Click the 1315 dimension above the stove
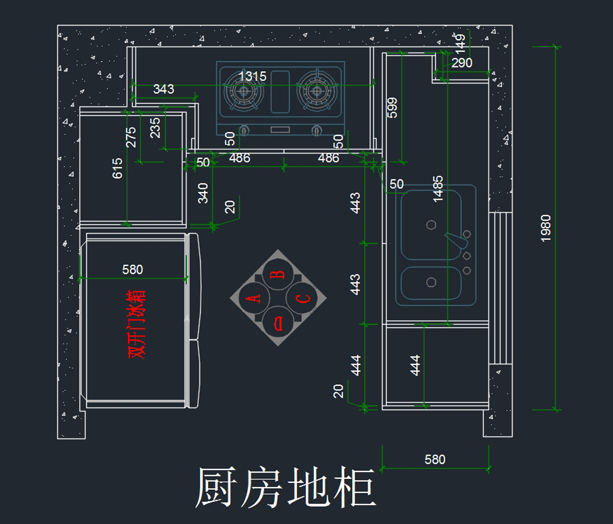[x=252, y=77]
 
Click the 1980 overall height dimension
[x=546, y=228]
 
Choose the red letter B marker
[x=278, y=274]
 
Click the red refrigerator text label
[x=137, y=325]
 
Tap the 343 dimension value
[x=163, y=89]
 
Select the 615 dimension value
[x=117, y=169]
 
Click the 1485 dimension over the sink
[x=438, y=189]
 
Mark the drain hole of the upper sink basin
[x=431, y=225]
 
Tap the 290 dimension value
[x=462, y=63]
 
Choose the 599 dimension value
[x=393, y=108]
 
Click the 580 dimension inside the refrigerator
[x=133, y=270]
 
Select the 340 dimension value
[x=203, y=193]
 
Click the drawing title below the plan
[x=286, y=488]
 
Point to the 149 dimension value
[x=461, y=44]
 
